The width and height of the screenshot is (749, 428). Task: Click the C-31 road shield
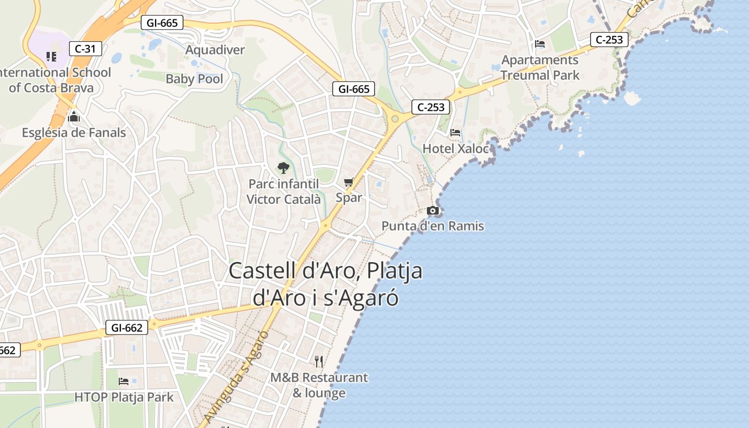[85, 49]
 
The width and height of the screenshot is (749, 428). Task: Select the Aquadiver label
[215, 50]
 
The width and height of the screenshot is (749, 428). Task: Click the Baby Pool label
[194, 79]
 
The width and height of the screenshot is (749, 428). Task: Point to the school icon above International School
[51, 56]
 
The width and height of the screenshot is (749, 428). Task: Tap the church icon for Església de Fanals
[74, 117]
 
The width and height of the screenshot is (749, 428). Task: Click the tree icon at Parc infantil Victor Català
[283, 168]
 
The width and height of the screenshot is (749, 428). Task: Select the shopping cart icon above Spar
[349, 182]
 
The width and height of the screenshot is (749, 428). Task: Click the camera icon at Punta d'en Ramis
[433, 211]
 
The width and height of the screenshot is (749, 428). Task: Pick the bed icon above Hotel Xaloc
[455, 132]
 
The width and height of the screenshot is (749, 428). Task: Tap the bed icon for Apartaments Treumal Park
[540, 44]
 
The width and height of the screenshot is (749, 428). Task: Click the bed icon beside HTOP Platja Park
[124, 381]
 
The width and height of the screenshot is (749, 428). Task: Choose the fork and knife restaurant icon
[319, 362]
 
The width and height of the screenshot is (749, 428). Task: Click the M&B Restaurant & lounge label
[319, 385]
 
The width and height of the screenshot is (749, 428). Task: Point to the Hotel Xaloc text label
[456, 148]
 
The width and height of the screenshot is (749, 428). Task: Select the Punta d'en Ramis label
[432, 226]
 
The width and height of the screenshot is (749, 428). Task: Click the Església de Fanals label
[74, 132]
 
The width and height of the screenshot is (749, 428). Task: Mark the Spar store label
[349, 197]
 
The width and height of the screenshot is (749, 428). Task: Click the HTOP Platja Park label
[124, 397]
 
